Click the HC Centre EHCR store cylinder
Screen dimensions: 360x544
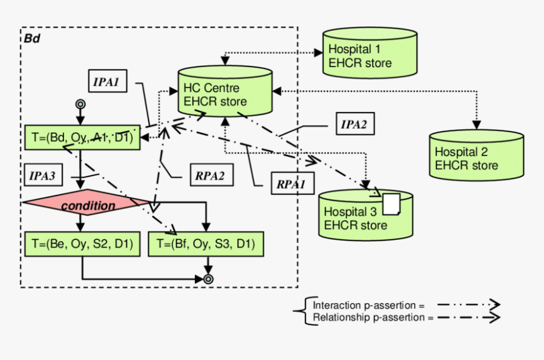(x=224, y=94)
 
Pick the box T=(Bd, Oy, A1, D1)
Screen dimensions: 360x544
(x=82, y=136)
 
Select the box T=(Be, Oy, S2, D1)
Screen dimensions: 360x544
(x=82, y=245)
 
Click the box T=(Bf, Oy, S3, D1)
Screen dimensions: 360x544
(x=206, y=245)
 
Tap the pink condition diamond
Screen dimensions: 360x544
(x=88, y=205)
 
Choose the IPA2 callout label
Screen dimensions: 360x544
(x=354, y=124)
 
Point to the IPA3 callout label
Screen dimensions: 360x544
(x=45, y=175)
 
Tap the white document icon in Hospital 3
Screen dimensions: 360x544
(x=392, y=204)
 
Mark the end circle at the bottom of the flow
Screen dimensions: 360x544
(x=207, y=278)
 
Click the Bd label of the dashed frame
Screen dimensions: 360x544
(x=33, y=39)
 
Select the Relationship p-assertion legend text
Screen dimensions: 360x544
(x=373, y=317)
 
